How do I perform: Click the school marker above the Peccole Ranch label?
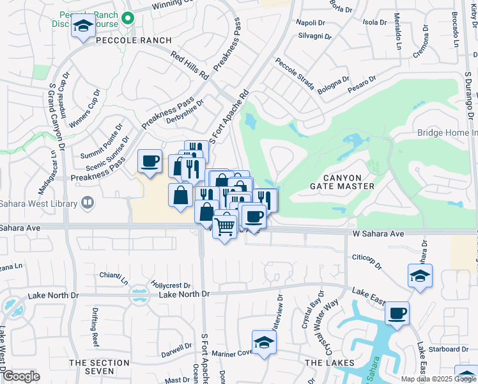[83, 26]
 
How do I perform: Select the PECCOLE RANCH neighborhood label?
[134, 40]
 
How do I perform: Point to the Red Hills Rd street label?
[190, 65]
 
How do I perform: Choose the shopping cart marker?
[224, 225]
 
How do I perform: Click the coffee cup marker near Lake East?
[397, 313]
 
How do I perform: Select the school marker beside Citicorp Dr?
[420, 276]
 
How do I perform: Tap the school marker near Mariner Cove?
[263, 342]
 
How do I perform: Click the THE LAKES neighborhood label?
[329, 363]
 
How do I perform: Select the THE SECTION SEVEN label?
[99, 367]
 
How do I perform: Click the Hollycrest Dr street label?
[171, 284]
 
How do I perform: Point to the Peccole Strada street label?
[295, 74]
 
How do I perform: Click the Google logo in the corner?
[21, 376]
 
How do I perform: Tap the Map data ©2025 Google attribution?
[438, 379]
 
